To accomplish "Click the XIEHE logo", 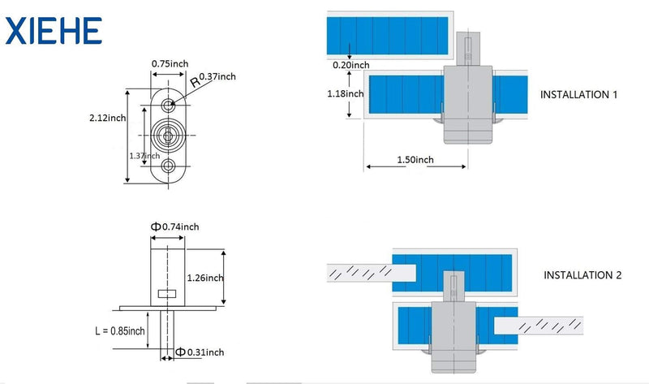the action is (54, 31).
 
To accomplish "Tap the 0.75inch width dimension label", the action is (170, 64).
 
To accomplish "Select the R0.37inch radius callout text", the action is (213, 79).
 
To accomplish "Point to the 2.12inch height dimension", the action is (108, 118).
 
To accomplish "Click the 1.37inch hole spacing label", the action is (144, 156).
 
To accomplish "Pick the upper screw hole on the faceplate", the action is (168, 106).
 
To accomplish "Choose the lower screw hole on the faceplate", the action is (168, 166).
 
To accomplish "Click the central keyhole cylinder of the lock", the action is (168, 136).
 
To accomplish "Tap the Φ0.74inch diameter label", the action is (174, 227).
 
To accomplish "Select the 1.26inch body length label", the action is (205, 278).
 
